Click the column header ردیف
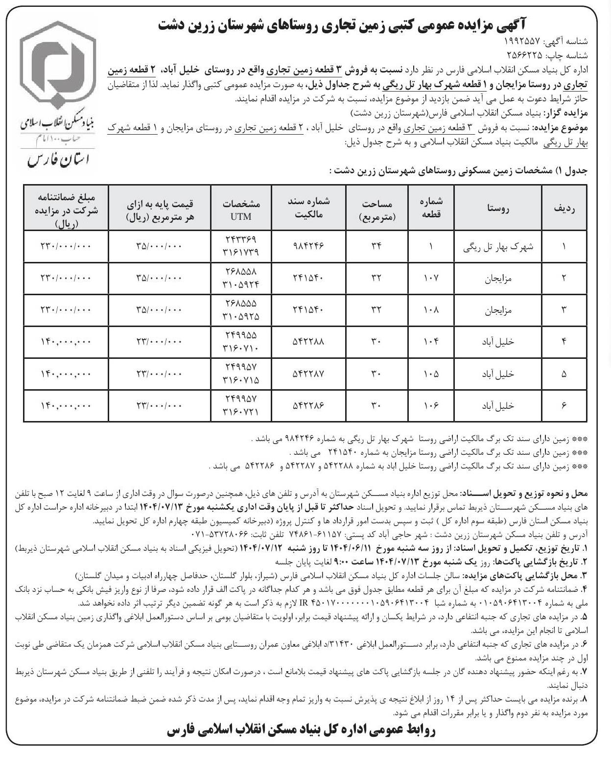tap(564, 208)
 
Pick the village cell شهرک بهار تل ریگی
tap(498, 247)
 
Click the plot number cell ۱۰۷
tap(431, 279)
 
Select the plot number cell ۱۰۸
tap(431, 310)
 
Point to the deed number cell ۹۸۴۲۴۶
tap(308, 247)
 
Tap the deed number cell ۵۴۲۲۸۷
tap(308, 374)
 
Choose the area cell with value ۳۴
tap(376, 247)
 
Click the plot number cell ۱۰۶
tap(431, 406)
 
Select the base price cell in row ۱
tap(159, 247)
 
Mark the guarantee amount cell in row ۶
tap(66, 406)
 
